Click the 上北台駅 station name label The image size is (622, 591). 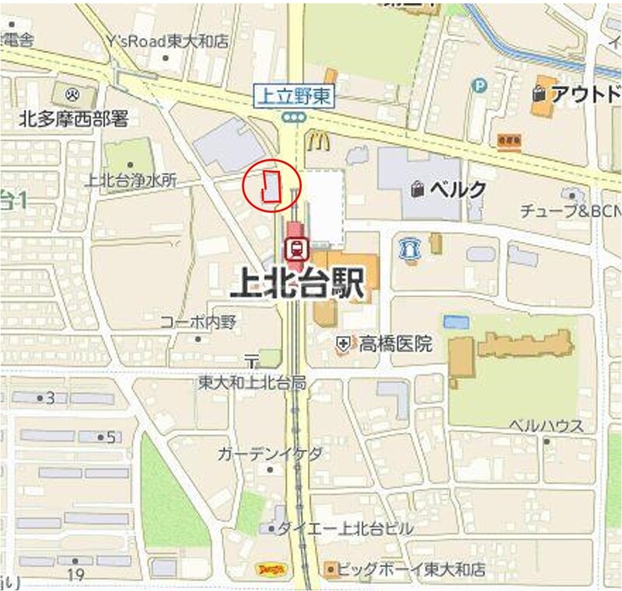298,285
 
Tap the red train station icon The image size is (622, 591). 295,249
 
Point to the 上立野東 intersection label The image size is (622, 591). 295,96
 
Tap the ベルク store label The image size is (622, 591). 458,189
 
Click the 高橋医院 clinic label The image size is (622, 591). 395,343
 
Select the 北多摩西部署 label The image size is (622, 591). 73,120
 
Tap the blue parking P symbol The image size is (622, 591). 480,85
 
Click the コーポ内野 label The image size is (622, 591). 197,321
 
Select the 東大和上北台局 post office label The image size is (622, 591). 252,382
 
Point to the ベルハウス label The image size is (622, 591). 546,426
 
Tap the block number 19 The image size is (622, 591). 75,575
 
